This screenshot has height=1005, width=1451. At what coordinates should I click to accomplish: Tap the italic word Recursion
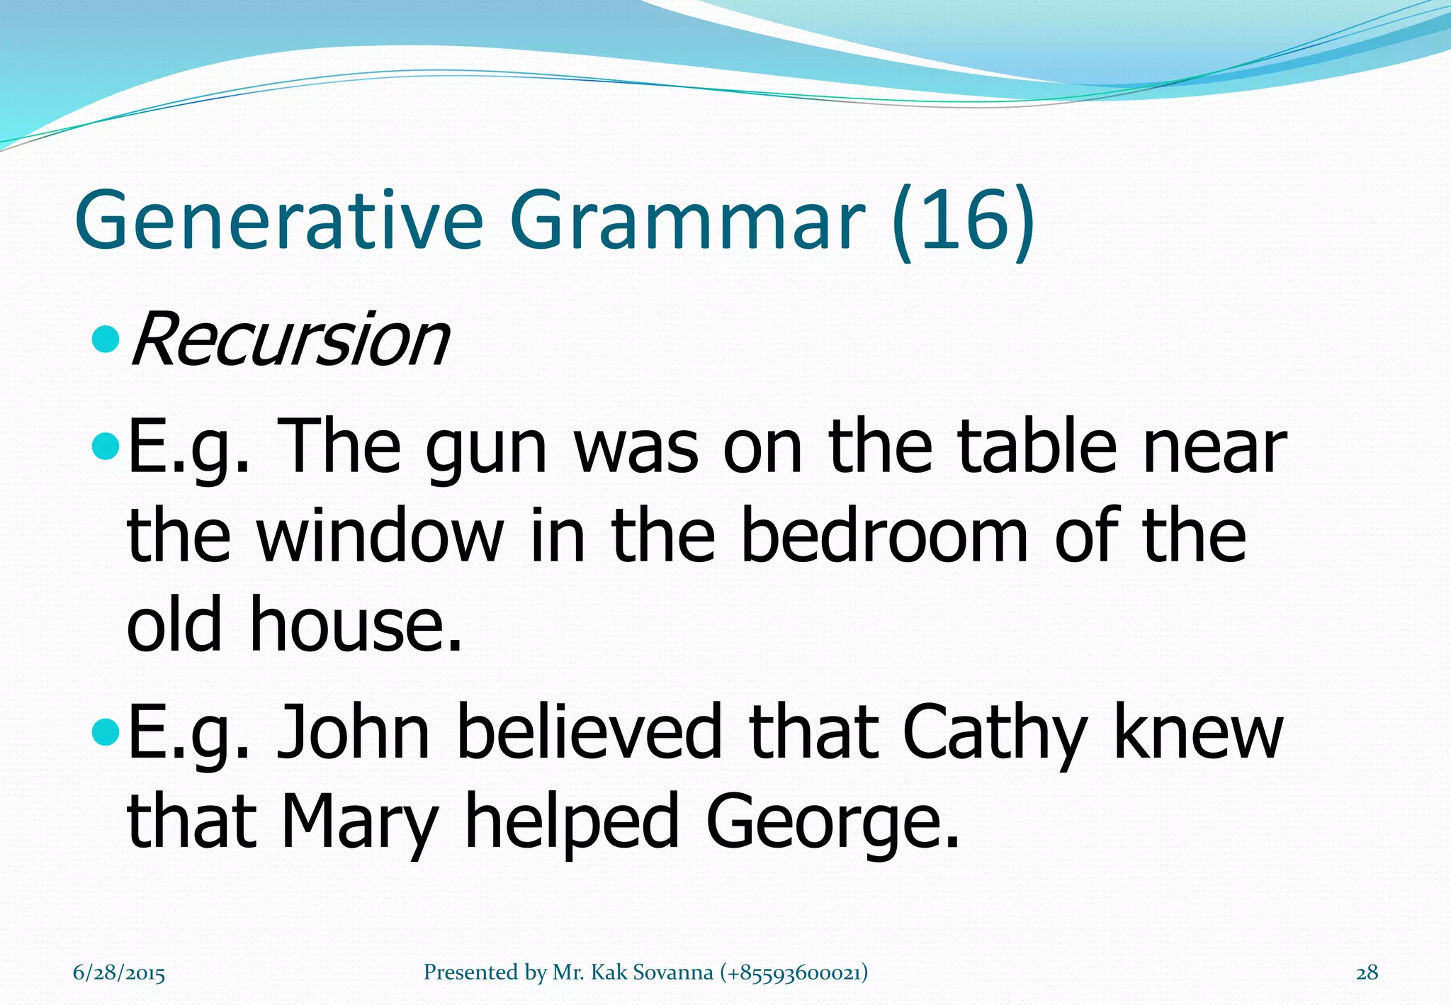[289, 340]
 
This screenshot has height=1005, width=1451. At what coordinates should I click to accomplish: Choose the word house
[354, 624]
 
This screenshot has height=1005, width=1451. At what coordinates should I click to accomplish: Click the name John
[353, 733]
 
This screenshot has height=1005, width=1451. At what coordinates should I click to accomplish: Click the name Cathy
[993, 733]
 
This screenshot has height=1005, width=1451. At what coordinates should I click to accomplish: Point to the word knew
[1198, 733]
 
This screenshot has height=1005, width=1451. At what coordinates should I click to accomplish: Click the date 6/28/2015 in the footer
[119, 972]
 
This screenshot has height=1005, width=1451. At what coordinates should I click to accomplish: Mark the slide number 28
[1367, 972]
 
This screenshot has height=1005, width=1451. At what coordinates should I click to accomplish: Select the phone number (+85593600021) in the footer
[794, 972]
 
